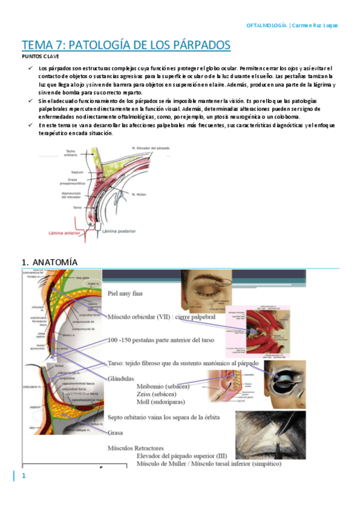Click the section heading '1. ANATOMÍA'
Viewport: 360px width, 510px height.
click(x=49, y=262)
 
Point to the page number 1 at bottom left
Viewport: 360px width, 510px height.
click(x=24, y=476)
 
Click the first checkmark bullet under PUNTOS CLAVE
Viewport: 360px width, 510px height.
click(x=31, y=69)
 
